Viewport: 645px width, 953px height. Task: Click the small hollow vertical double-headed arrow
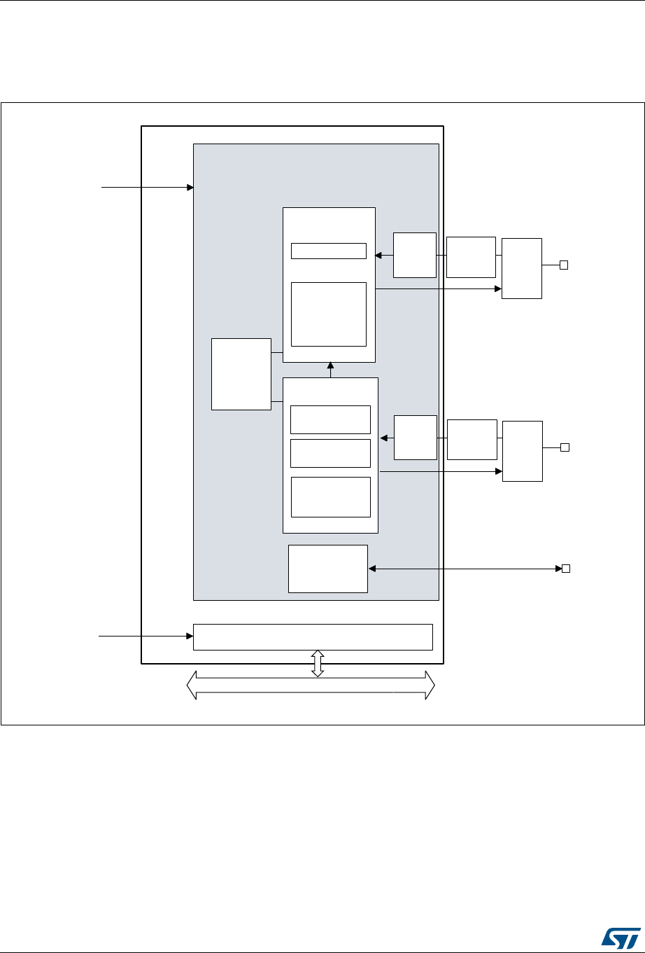[x=318, y=662]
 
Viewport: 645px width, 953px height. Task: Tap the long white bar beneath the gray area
[x=313, y=637]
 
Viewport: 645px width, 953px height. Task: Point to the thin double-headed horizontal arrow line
[x=462, y=568]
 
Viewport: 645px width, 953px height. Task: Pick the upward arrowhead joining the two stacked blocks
[x=330, y=366]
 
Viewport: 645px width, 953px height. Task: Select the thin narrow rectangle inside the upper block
[x=328, y=251]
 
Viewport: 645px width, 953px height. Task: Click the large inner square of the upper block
[x=328, y=314]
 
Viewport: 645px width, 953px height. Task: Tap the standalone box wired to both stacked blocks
[x=241, y=373]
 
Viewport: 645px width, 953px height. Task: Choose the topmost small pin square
[x=563, y=265]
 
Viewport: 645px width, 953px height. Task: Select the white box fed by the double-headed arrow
[x=327, y=569]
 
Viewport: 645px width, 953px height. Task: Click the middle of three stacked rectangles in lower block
[x=329, y=453]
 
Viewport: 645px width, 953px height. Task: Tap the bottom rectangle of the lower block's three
[x=329, y=496]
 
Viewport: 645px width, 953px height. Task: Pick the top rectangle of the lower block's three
[x=329, y=419]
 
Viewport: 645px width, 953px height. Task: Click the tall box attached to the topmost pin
[x=521, y=268]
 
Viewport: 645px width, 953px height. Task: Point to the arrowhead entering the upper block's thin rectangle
[x=378, y=256]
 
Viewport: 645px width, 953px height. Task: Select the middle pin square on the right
[x=564, y=447]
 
